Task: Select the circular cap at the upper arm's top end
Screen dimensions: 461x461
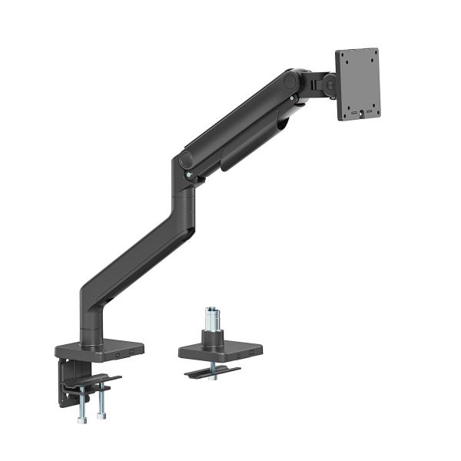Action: pyautogui.click(x=291, y=81)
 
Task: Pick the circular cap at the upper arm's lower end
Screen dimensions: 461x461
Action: pyautogui.click(x=186, y=161)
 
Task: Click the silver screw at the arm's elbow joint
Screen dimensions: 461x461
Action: pyautogui.click(x=188, y=175)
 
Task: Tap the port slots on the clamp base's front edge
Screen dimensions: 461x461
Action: pyautogui.click(x=124, y=353)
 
